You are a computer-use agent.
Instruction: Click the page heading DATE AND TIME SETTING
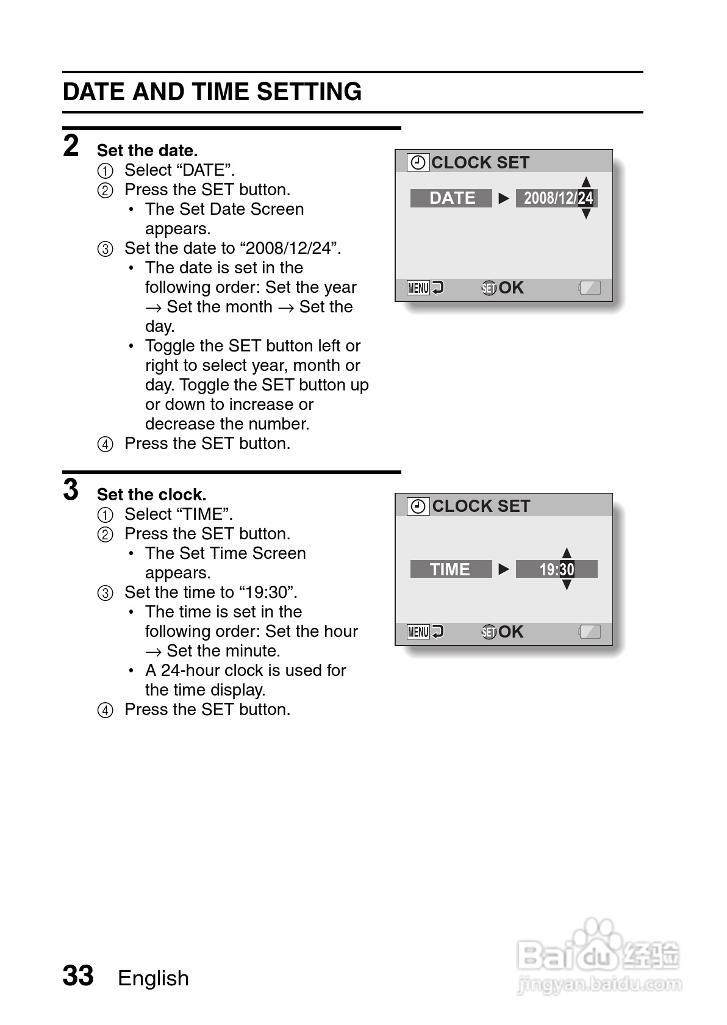[x=212, y=92]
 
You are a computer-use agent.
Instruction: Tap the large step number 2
[x=71, y=146]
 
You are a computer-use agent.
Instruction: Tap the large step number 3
[x=71, y=490]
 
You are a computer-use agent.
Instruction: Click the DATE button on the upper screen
[x=451, y=198]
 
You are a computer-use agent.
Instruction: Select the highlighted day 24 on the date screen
[x=586, y=198]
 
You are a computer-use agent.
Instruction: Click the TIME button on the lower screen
[x=450, y=569]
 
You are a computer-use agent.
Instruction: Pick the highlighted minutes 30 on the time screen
[x=566, y=569]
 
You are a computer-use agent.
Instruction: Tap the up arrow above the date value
[x=586, y=182]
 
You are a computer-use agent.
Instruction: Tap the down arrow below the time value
[x=567, y=585]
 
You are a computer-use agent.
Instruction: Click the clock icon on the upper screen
[x=418, y=162]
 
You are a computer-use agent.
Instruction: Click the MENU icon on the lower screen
[x=418, y=631]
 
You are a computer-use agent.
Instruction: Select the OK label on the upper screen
[x=511, y=288]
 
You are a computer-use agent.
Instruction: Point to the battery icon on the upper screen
[x=589, y=288]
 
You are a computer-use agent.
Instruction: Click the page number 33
[x=78, y=976]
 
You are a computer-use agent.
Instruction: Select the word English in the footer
[x=153, y=978]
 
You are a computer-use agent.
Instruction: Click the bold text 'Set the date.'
[x=147, y=151]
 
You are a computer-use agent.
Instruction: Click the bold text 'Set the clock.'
[x=151, y=495]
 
